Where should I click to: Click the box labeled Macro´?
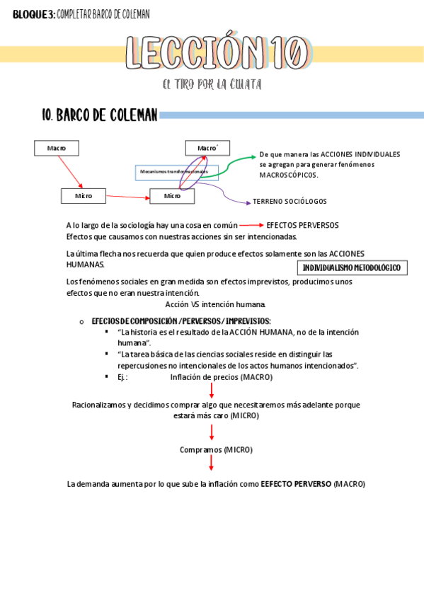click(207, 148)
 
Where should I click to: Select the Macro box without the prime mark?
click(57, 148)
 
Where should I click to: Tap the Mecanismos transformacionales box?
click(176, 172)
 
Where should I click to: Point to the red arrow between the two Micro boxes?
click(127, 196)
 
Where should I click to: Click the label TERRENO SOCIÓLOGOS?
click(290, 202)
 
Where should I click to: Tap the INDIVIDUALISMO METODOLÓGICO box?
click(351, 268)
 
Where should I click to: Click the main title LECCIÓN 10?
click(217, 53)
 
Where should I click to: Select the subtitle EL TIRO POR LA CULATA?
click(212, 85)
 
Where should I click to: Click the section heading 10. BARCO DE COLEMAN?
click(100, 115)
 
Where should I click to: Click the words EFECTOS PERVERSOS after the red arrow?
click(302, 226)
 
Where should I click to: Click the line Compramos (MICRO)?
click(216, 449)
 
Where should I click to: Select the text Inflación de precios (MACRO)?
click(221, 377)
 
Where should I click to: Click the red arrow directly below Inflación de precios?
click(212, 391)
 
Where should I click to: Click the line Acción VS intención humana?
click(215, 305)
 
